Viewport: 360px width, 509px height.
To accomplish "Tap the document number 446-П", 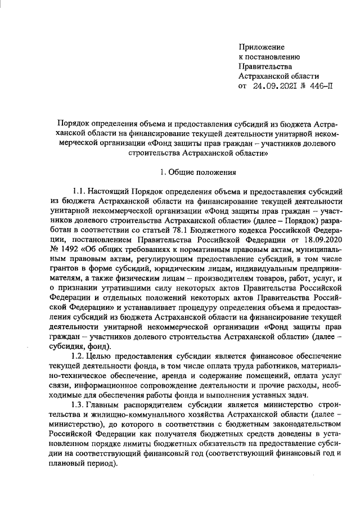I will (x=323, y=86).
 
